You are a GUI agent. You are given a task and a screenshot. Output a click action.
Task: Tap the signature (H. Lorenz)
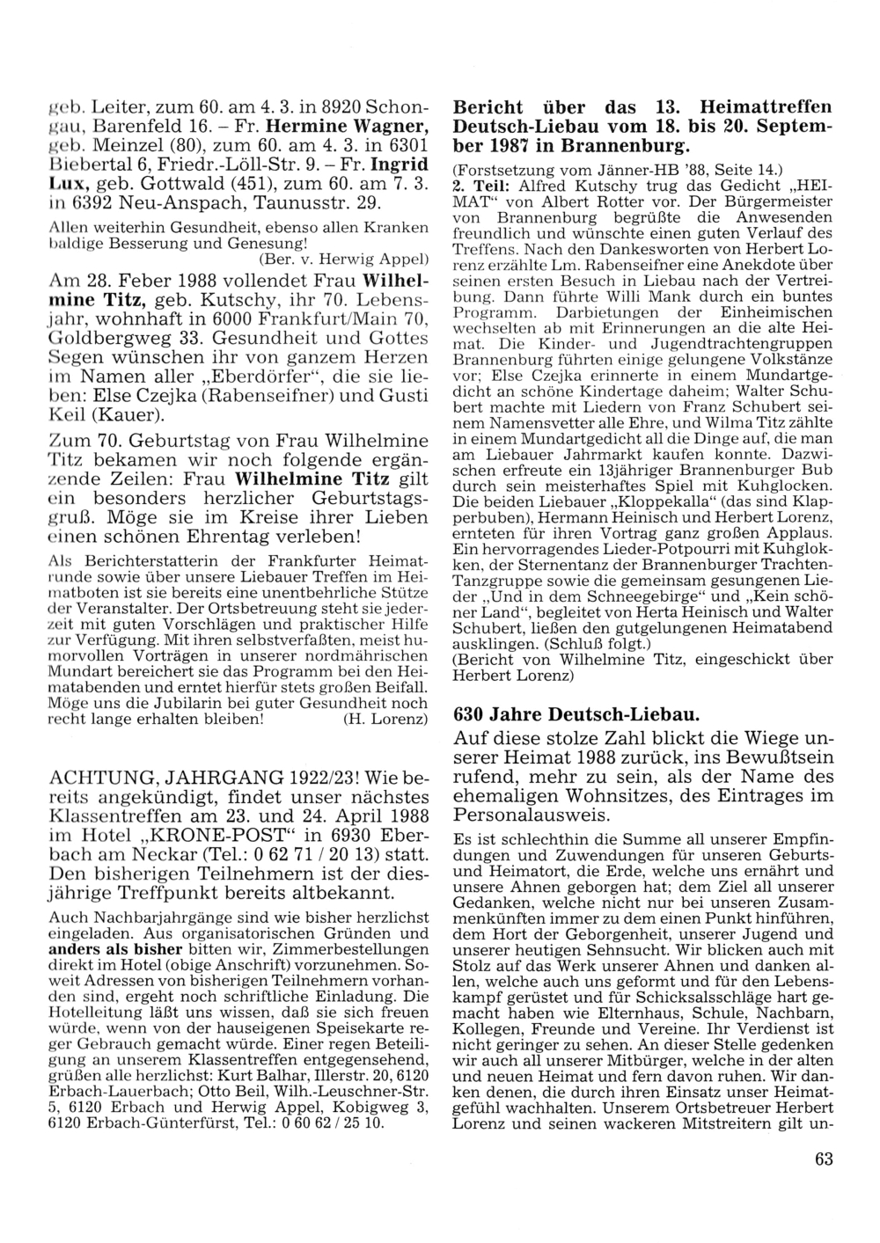[384, 719]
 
